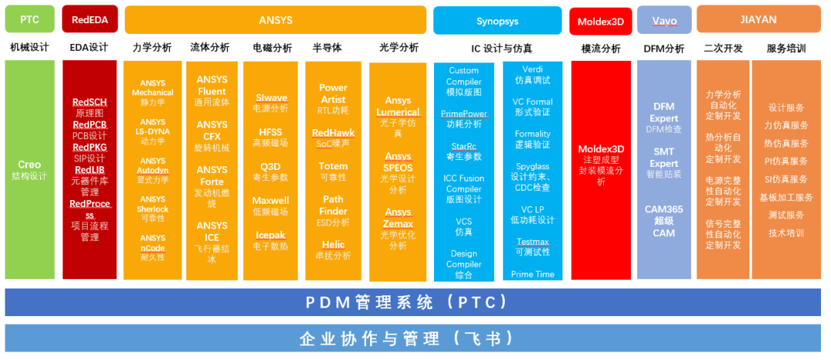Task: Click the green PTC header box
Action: [30, 19]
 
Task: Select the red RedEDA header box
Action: [89, 19]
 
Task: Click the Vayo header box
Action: [664, 19]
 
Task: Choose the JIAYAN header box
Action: [759, 19]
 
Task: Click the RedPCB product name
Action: [89, 125]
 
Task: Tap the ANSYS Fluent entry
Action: [212, 85]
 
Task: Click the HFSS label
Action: [270, 132]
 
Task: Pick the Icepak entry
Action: [270, 235]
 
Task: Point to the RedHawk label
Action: [333, 132]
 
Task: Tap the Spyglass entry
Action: [532, 165]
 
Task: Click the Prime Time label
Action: [532, 274]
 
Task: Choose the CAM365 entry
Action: [664, 209]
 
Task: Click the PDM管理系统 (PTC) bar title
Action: [415, 302]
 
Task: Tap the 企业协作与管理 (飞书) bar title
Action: [415, 338]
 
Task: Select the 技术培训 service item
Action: [786, 232]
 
